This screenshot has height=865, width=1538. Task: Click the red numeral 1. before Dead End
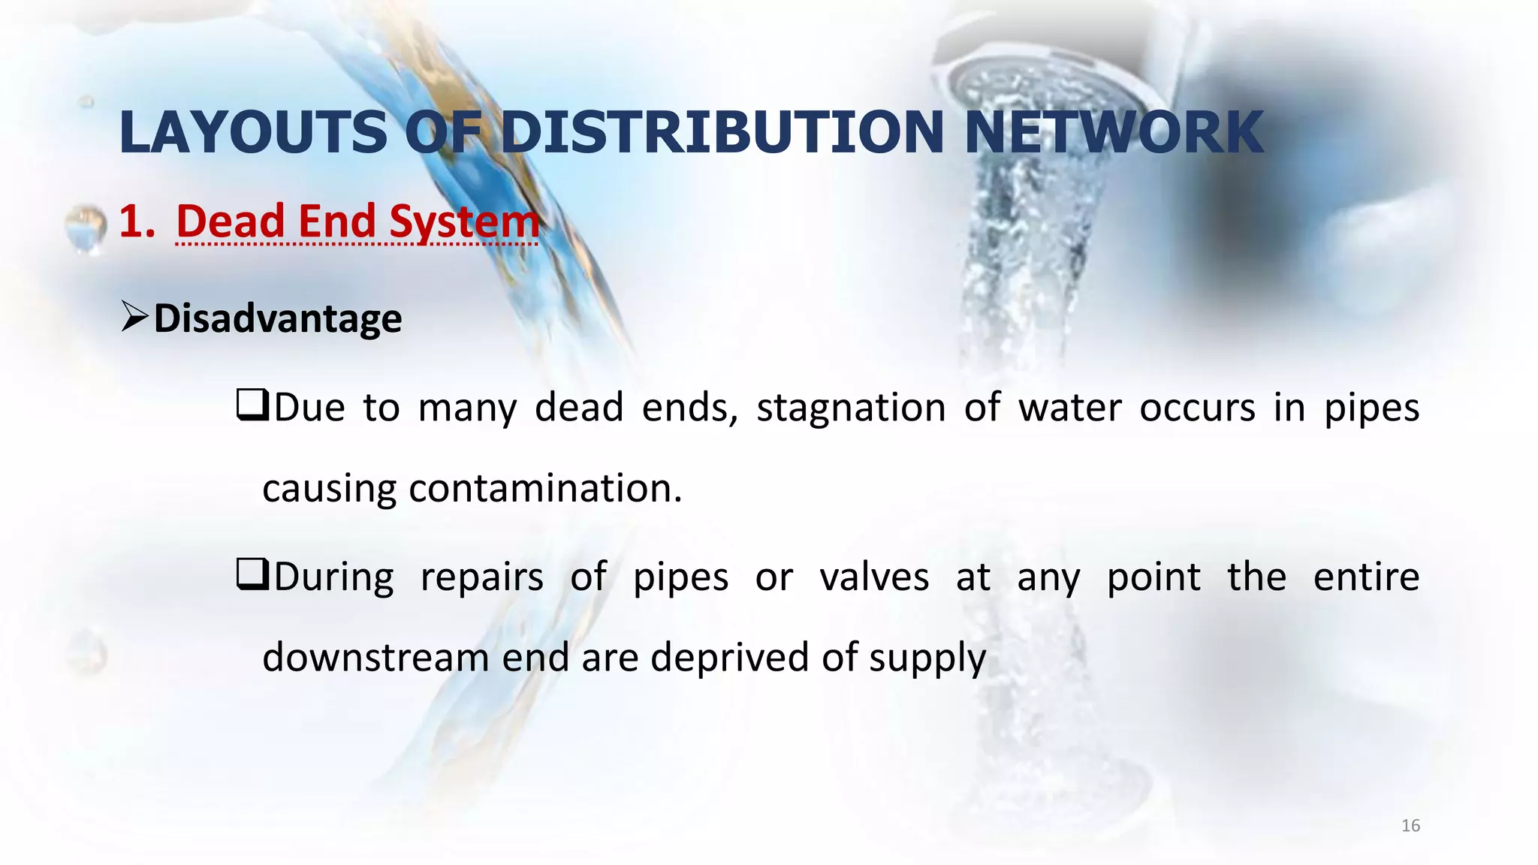point(137,222)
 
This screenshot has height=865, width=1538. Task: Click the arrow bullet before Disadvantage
point(134,317)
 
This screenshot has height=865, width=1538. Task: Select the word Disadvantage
point(278,318)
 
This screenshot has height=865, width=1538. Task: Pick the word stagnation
point(850,409)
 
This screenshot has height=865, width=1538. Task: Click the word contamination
point(545,489)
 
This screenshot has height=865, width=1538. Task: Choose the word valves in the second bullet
point(874,577)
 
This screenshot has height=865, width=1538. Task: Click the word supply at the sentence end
point(927,659)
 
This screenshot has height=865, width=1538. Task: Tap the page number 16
point(1410,826)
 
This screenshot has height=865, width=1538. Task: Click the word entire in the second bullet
point(1366,577)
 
